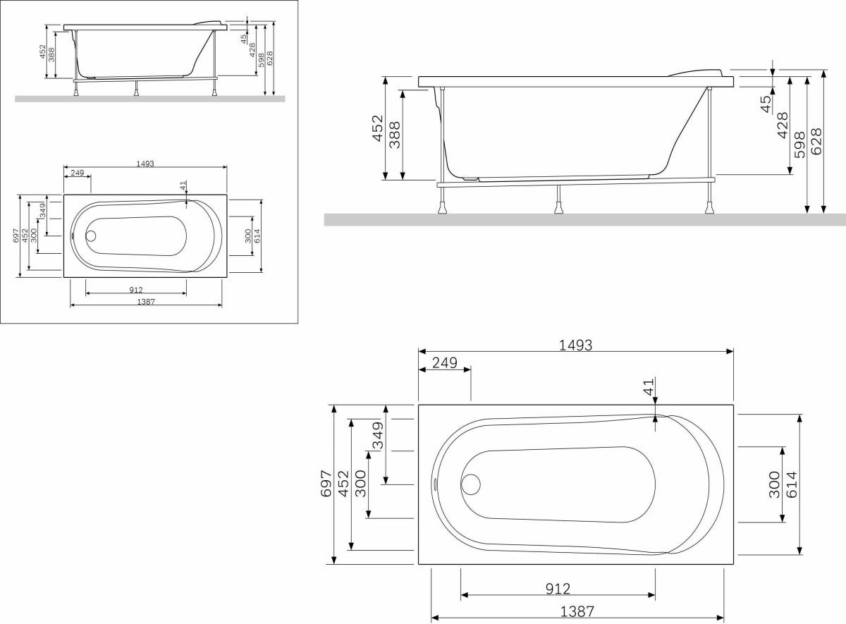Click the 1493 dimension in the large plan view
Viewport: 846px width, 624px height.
coord(575,345)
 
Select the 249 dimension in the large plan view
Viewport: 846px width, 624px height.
coord(445,363)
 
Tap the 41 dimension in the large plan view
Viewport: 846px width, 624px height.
coord(649,387)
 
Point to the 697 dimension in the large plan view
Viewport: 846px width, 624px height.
coord(326,484)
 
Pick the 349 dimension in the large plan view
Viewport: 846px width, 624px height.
coord(378,436)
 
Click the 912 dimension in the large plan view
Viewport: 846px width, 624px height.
coord(558,589)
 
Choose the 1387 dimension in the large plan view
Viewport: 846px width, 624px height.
coord(577,611)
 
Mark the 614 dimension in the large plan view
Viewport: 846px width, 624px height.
coord(791,484)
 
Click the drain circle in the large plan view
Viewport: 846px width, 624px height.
coord(471,484)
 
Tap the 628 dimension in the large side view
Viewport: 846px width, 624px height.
coord(816,141)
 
